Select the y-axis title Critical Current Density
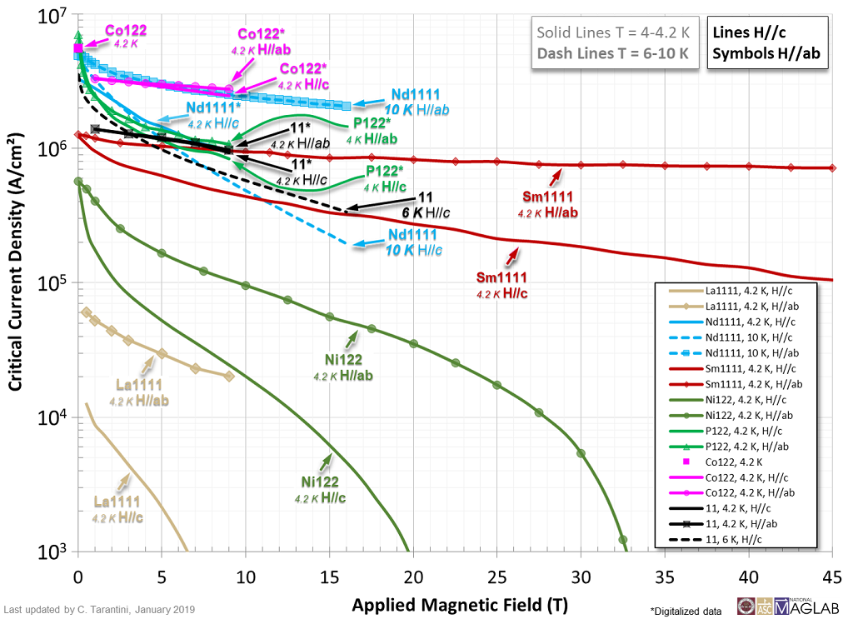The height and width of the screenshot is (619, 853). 16,282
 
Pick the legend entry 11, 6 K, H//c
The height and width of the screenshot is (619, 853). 741,539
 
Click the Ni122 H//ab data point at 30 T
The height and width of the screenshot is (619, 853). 581,453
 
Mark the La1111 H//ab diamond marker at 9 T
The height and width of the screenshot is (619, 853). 229,376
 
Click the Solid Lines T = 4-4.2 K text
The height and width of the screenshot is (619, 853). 613,33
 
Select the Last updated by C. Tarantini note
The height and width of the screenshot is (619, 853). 100,610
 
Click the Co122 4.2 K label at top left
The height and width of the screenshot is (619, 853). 126,33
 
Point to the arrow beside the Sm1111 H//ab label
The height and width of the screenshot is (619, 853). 555,176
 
